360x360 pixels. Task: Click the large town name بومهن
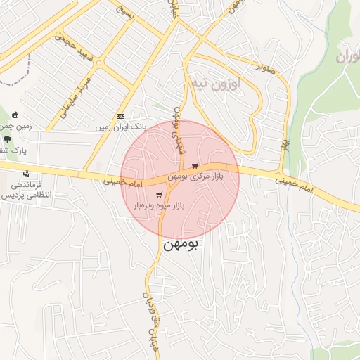pyautogui.click(x=181, y=245)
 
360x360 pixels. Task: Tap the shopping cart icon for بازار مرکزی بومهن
pyautogui.click(x=195, y=166)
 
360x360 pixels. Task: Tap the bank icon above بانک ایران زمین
pyautogui.click(x=120, y=117)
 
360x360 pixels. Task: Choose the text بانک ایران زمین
pyautogui.click(x=121, y=127)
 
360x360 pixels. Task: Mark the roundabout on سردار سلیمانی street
pyautogui.click(x=99, y=63)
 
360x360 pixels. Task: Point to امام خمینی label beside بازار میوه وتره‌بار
pyautogui.click(x=121, y=181)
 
